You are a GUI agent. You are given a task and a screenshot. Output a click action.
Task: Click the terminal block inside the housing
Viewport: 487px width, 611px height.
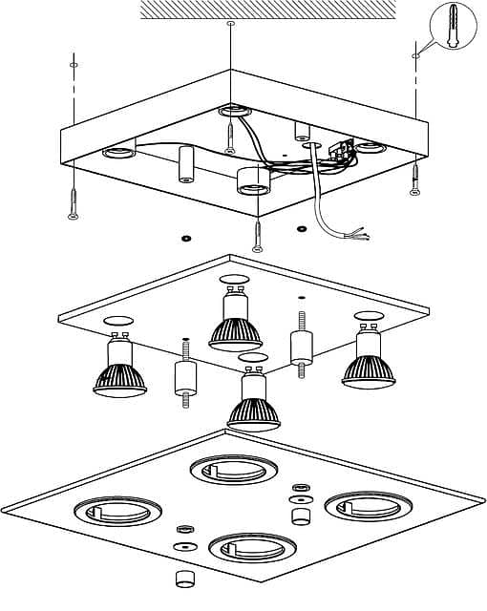pyautogui.click(x=336, y=151)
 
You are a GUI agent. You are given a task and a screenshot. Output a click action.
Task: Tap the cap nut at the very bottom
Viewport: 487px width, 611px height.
pyautogui.click(x=180, y=579)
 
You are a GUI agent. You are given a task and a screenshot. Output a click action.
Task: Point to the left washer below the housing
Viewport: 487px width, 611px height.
pyautogui.click(x=184, y=236)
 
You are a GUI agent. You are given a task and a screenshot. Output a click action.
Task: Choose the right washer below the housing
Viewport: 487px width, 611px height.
pyautogui.click(x=303, y=228)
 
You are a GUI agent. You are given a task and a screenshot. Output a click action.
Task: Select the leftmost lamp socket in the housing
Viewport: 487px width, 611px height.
pyautogui.click(x=118, y=152)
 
